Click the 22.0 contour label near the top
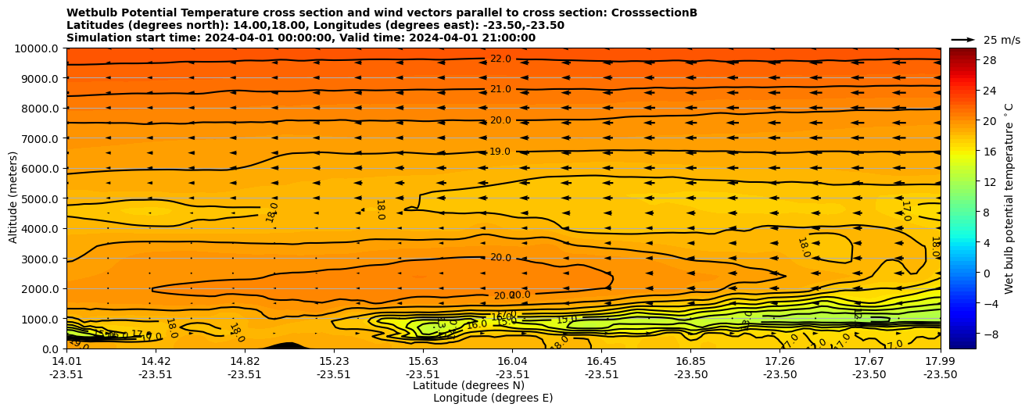500,59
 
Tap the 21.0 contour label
500,90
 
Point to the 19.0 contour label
500,152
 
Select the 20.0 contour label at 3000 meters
500,258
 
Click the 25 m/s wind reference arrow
963,40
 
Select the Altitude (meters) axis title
13,198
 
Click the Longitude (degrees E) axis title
493,398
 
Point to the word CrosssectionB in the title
646,13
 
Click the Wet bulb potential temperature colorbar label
1009,198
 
